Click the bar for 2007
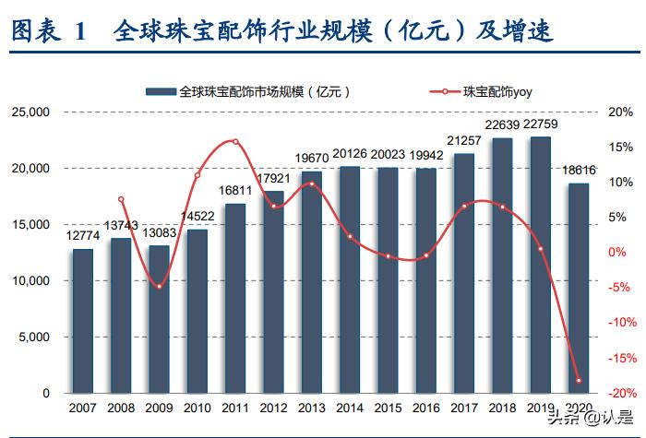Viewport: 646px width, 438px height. coord(83,321)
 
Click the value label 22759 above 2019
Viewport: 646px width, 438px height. coord(540,124)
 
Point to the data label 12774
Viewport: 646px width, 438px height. coord(83,237)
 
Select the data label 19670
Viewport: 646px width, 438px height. coord(312,157)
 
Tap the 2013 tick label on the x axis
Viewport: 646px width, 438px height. coord(312,407)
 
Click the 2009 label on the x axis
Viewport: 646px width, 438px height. coord(160,407)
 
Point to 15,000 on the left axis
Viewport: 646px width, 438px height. coord(34,225)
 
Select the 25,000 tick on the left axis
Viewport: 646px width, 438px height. coord(34,112)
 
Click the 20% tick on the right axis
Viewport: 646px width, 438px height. coord(620,112)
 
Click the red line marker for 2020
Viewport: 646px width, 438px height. coord(579,380)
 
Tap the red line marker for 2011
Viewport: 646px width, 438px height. coord(235,142)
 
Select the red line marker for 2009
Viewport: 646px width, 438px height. coord(160,286)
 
